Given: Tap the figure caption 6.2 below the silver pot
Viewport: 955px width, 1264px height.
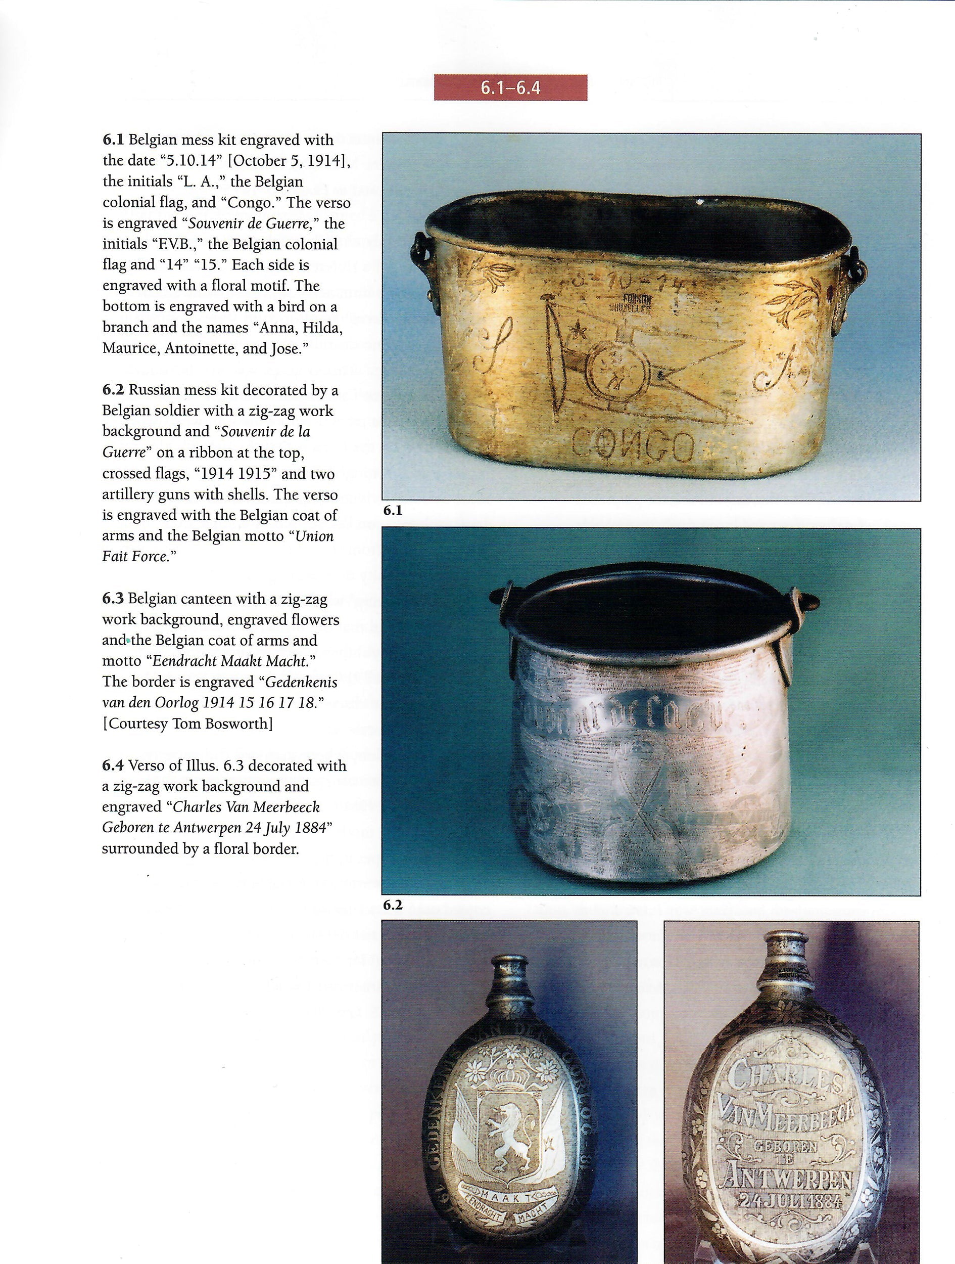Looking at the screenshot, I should pos(393,905).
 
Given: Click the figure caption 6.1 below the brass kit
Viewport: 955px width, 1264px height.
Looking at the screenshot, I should pos(393,511).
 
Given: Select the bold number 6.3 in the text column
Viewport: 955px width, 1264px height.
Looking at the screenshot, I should pos(113,599).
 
